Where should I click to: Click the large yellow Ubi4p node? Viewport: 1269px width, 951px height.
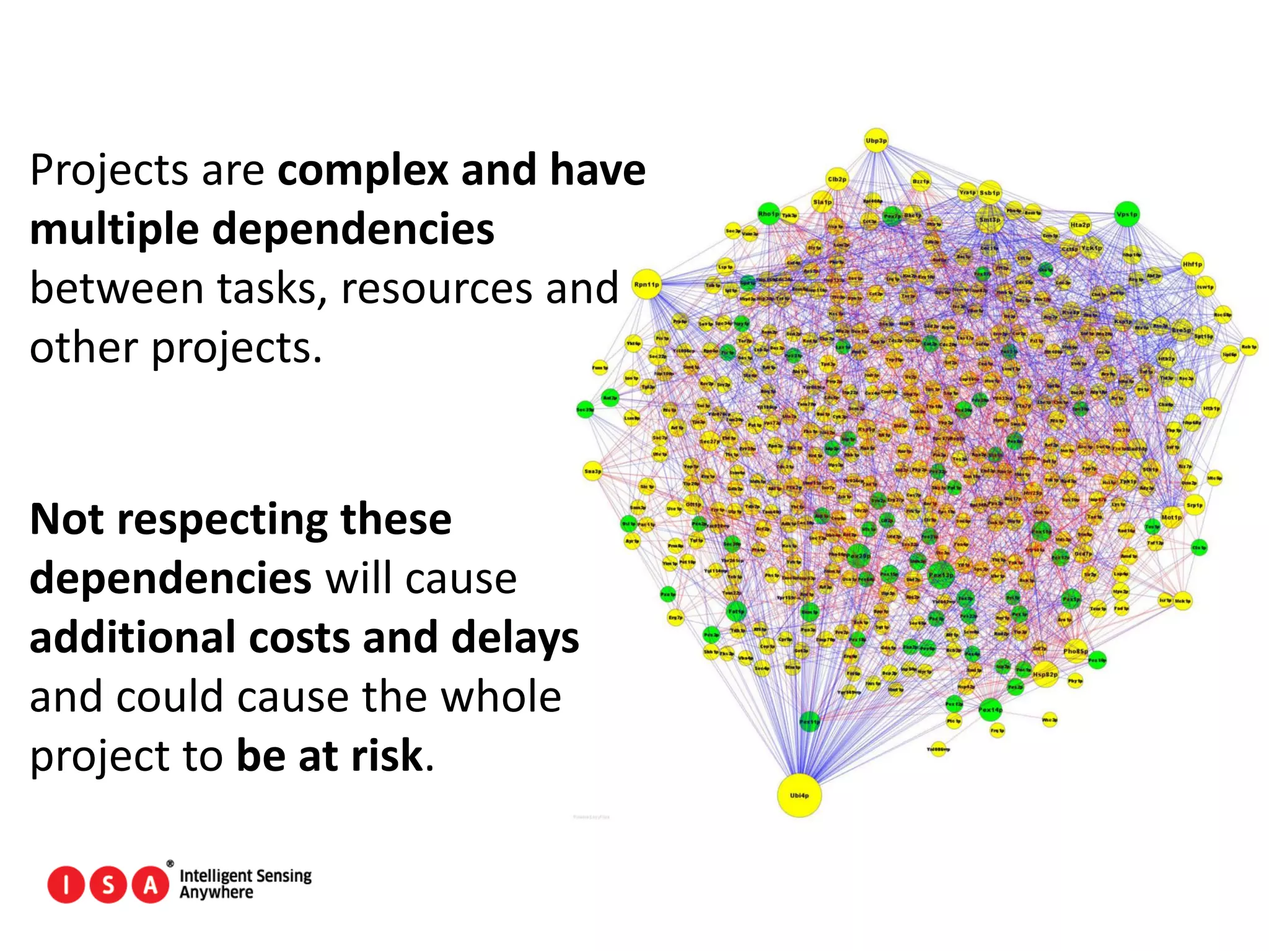799,795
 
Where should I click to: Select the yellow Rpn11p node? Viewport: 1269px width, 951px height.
647,285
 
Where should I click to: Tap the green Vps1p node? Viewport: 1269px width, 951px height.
1127,214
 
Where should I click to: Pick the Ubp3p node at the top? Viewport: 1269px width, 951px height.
876,141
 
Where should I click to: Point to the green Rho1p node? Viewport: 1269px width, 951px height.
768,214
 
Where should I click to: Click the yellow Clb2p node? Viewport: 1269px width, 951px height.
836,179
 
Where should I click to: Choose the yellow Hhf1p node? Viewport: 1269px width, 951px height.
1192,264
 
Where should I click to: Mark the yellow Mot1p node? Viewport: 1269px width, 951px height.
1171,516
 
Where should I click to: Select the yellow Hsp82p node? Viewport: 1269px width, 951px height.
1045,674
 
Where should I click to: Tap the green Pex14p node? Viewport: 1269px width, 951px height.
990,710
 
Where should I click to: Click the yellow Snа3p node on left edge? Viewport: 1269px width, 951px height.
592,471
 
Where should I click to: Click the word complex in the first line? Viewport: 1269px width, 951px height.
362,170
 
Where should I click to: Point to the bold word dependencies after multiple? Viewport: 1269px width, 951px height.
353,229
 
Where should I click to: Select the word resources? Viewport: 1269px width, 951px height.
437,289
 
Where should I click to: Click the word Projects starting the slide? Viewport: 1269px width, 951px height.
108,171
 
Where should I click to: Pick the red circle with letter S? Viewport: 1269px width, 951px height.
108,885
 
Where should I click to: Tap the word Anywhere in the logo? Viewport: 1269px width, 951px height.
216,892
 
